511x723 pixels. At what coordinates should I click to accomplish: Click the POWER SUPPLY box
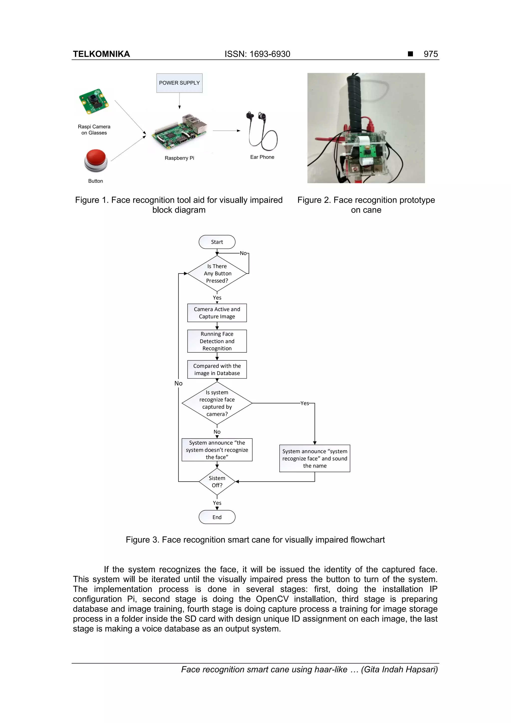[179, 83]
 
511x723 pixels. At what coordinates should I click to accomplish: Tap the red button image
[96, 160]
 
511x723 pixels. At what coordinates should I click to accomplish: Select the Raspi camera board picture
[94, 102]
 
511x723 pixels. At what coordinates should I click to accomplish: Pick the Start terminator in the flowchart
[217, 242]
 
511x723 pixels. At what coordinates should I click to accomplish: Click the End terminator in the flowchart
[217, 517]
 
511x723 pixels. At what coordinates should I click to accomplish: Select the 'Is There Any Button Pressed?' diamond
[217, 273]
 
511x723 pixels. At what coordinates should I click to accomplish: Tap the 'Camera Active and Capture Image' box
[217, 313]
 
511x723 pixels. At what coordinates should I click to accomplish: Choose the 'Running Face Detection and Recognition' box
[217, 341]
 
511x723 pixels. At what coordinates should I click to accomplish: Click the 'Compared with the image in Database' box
[217, 369]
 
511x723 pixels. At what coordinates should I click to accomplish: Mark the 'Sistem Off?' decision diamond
[217, 481]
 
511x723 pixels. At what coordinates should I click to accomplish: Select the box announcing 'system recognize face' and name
[315, 458]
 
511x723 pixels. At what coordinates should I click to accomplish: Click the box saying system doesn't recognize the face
[217, 450]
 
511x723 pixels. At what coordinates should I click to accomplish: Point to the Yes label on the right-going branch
[304, 403]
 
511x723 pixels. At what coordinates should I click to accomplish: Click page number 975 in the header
[430, 54]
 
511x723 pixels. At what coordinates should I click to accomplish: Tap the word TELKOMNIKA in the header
[101, 54]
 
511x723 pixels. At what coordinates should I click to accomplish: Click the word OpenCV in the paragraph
[272, 599]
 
